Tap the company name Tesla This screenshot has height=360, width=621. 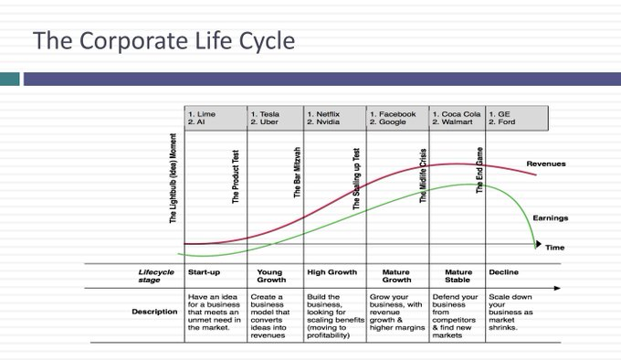(272, 114)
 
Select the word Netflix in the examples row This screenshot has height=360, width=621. (332, 114)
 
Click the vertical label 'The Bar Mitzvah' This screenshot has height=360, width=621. (296, 174)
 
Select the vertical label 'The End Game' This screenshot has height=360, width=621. (479, 170)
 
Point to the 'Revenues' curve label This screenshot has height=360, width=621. (546, 164)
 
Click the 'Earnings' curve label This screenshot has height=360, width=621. (550, 218)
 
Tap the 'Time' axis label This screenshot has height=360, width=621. (555, 248)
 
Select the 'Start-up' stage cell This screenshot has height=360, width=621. (204, 272)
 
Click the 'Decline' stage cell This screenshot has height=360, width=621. (504, 272)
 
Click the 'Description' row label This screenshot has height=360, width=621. (154, 312)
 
